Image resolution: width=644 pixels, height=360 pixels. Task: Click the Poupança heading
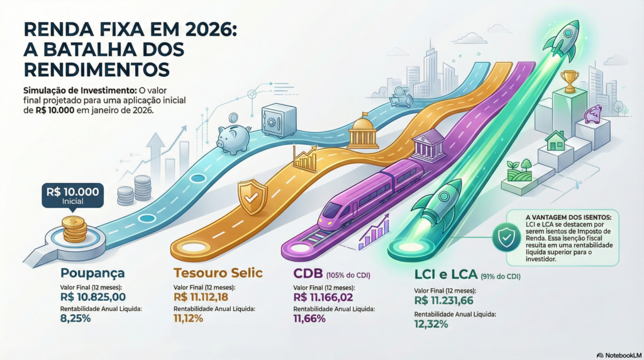point(92,273)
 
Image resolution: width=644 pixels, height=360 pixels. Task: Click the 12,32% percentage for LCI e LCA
point(431,324)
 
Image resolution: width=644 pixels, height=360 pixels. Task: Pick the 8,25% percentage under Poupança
point(75,318)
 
